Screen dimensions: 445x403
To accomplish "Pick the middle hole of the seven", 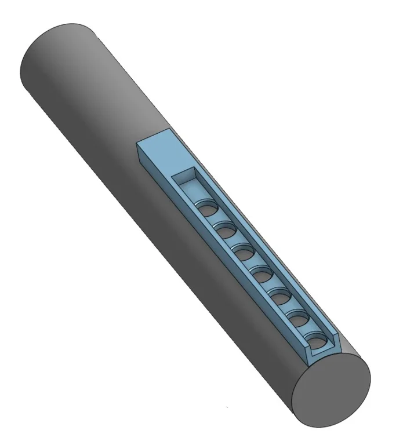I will click(x=262, y=272).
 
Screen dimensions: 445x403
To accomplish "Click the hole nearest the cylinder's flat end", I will click(x=318, y=340).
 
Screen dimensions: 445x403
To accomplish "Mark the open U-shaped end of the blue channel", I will click(x=321, y=351).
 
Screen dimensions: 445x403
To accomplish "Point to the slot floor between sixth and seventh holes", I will click(x=308, y=330).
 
